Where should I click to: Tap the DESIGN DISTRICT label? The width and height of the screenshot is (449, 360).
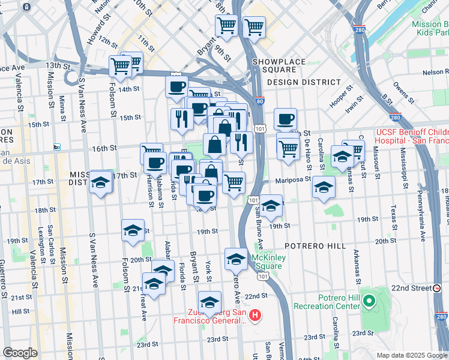click(304, 82)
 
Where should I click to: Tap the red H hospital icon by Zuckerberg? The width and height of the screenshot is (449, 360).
click(255, 315)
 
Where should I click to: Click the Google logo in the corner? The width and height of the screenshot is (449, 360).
click(20, 353)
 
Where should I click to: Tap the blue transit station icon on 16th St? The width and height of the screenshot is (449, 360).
click(57, 147)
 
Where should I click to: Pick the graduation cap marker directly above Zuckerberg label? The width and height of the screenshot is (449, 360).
click(210, 302)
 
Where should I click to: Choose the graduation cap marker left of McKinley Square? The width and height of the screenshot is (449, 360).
click(236, 259)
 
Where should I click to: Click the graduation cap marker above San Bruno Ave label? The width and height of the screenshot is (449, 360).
click(271, 205)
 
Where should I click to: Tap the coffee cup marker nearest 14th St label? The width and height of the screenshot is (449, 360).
click(176, 86)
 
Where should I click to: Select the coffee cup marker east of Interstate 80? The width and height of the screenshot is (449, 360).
click(286, 118)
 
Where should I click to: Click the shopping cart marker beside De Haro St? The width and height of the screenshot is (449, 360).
click(289, 146)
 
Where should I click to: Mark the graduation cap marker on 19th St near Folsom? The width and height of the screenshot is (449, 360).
click(133, 230)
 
